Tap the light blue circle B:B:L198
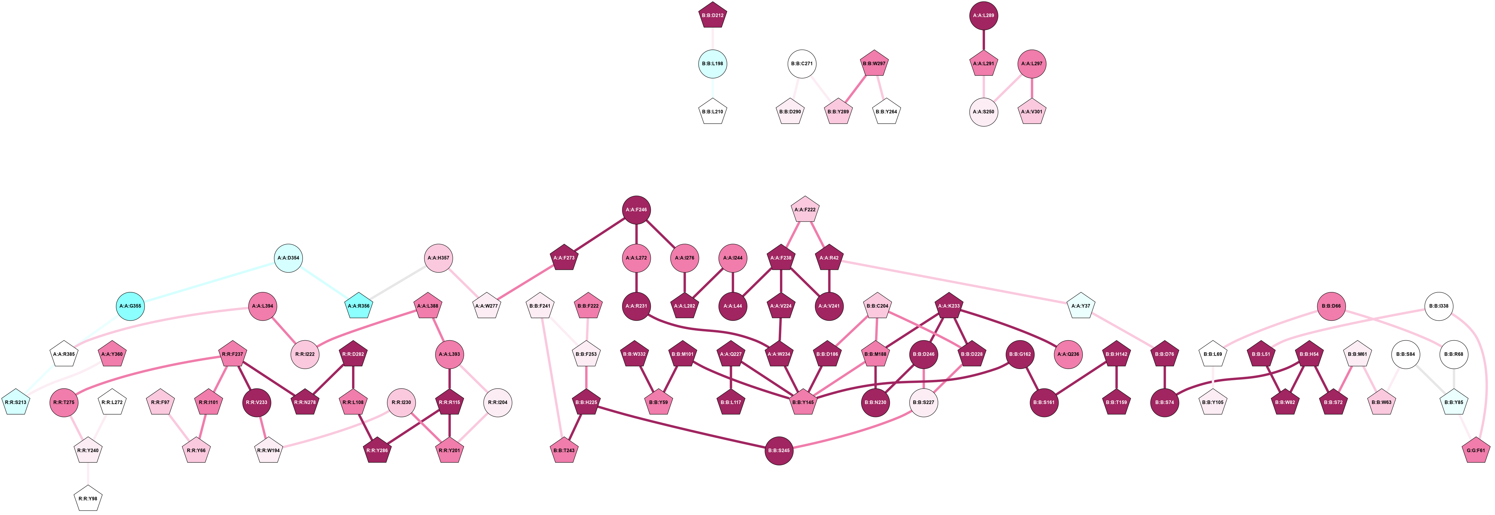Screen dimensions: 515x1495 point(713,64)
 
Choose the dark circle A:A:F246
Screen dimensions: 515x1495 point(637,210)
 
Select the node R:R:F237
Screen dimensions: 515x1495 point(232,354)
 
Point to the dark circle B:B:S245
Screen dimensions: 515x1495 point(779,451)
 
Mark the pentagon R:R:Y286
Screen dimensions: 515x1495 point(377,451)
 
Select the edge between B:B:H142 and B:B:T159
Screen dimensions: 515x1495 point(1117,378)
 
